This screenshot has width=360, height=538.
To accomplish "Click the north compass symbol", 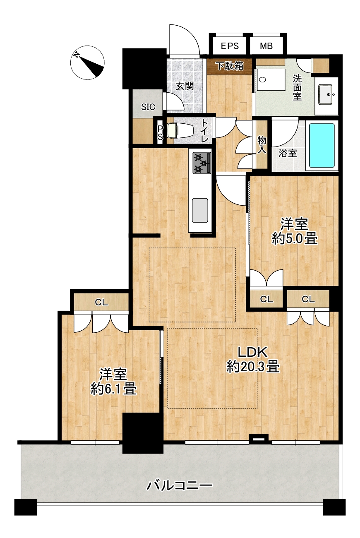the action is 88,62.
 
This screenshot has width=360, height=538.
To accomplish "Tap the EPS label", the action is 230,46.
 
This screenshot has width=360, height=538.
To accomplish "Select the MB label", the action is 266,46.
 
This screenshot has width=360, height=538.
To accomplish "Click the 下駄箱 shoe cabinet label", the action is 230,66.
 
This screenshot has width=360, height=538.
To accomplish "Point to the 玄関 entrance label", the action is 185,86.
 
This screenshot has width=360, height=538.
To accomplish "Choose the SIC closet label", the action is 148,107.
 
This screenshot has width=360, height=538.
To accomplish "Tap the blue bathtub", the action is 322,146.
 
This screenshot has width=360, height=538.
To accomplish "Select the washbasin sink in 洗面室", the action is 326,94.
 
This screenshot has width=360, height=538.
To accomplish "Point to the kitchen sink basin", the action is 200,210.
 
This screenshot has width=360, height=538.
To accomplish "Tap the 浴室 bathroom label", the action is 288,153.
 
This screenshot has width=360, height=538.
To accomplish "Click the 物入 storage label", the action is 262,144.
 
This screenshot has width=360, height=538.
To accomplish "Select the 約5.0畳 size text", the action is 295,239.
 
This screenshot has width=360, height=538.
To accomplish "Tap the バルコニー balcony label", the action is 180,485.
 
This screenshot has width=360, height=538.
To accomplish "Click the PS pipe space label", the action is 160,133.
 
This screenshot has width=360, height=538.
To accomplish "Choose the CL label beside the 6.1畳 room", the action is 101,303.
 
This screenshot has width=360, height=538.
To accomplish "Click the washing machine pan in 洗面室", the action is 271,80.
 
